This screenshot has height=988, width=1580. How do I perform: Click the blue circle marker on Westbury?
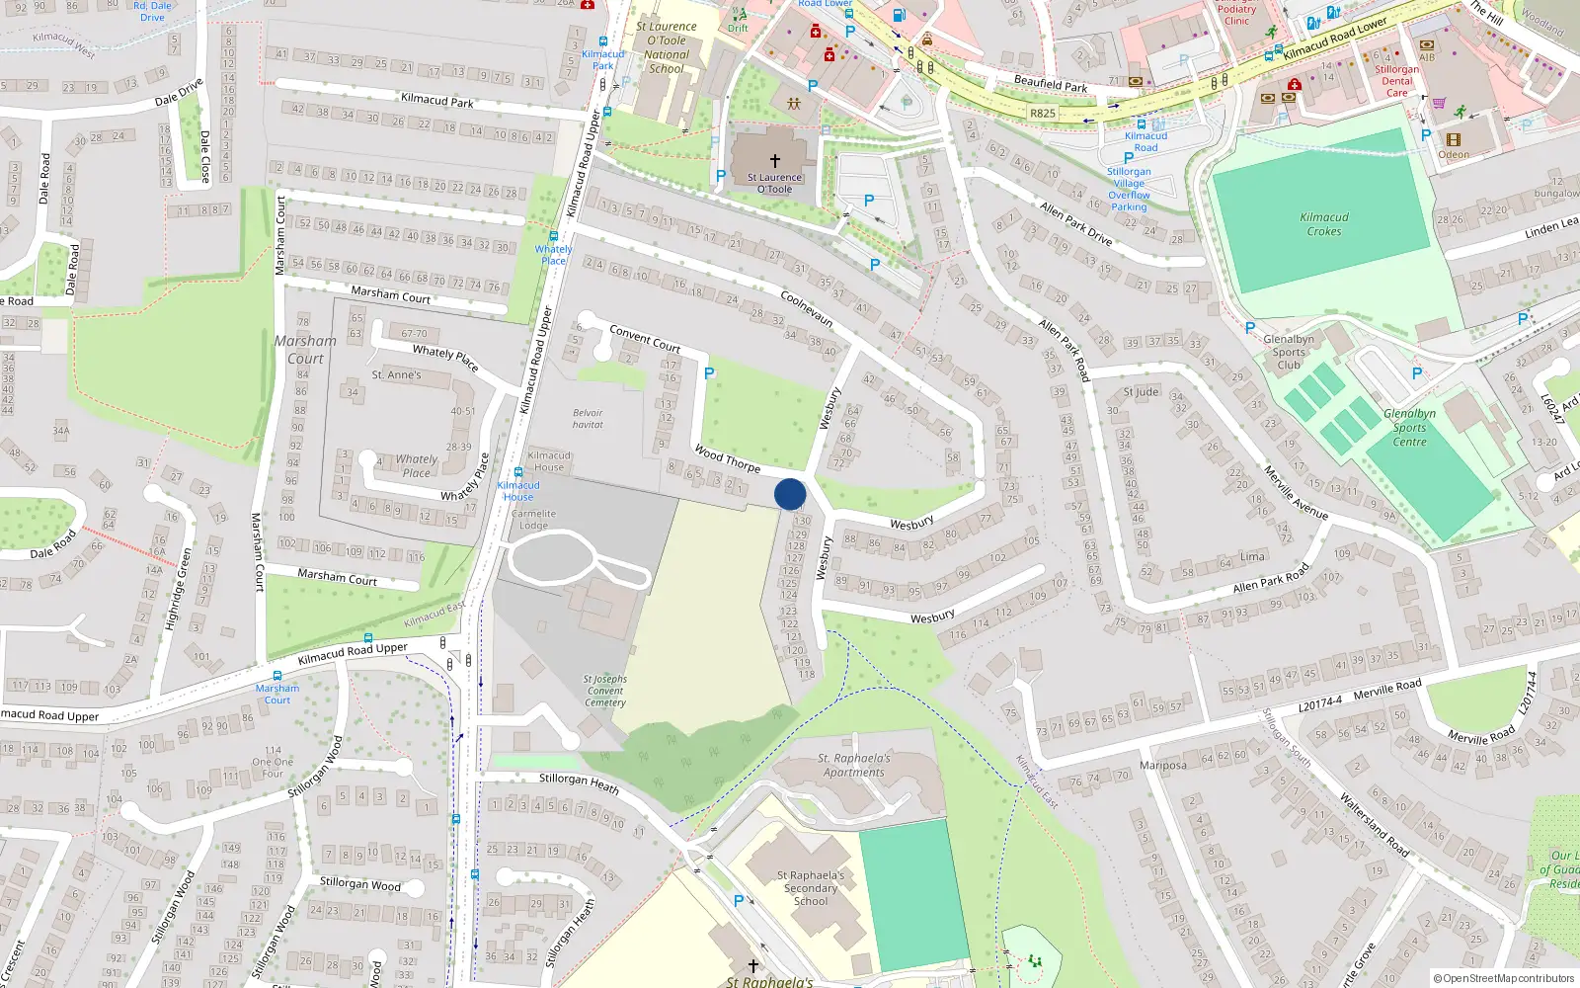point(790,494)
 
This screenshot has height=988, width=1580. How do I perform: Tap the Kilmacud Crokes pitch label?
point(1324,224)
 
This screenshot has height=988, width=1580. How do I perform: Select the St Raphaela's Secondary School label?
point(811,888)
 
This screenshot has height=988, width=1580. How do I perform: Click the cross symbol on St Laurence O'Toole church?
point(775,160)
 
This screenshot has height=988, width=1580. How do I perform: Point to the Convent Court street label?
point(645,339)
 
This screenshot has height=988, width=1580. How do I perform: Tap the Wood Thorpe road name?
point(727,458)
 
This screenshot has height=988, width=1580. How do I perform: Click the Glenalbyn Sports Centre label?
point(1409,428)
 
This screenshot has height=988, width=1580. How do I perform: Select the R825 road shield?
point(1043,114)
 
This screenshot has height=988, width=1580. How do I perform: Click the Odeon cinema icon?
point(1453,139)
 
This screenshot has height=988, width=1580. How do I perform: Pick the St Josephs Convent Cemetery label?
point(605,691)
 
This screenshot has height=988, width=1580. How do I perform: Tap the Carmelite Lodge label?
point(533,520)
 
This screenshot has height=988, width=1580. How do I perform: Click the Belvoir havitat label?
point(588,419)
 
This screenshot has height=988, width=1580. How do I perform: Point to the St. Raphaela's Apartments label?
point(854,766)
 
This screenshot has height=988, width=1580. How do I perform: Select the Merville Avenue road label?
point(1296,494)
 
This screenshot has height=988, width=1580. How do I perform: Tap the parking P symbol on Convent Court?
point(709,373)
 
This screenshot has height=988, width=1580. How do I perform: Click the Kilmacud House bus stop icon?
point(517,473)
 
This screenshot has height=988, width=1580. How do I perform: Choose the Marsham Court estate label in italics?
point(305,350)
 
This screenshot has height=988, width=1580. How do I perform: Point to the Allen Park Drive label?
point(1075,224)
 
